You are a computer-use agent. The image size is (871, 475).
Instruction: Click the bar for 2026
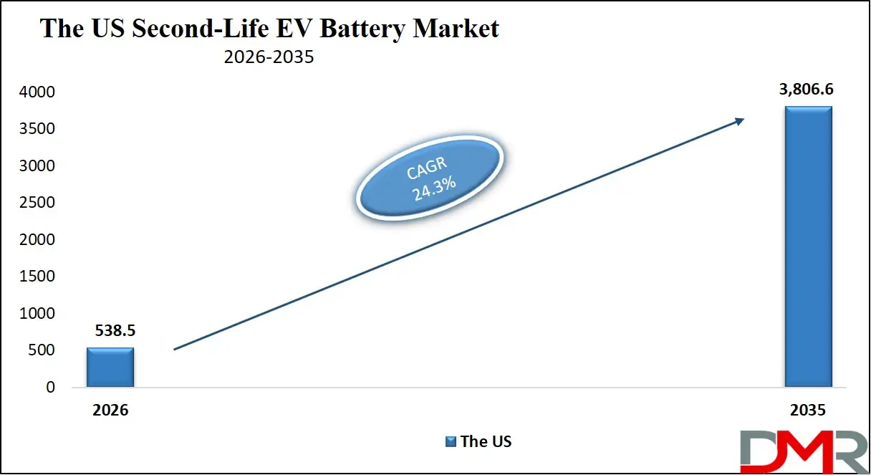tap(110, 368)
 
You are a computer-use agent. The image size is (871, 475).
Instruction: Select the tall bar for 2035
tap(808, 247)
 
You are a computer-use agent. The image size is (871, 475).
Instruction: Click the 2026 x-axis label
tap(110, 411)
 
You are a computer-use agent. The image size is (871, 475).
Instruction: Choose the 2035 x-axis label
tap(809, 411)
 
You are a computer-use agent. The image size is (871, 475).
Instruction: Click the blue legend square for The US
tap(451, 441)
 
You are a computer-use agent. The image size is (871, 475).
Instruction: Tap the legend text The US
tap(486, 441)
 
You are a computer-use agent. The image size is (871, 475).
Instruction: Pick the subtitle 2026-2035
tap(269, 57)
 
